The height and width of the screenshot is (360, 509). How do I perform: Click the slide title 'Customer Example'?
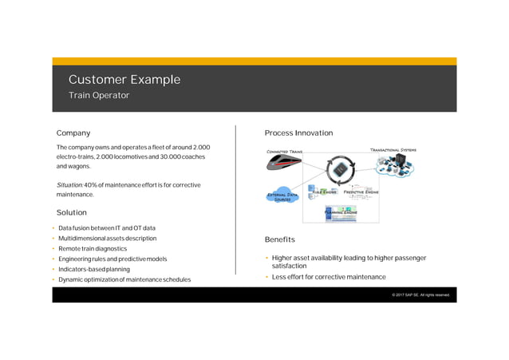click(124, 80)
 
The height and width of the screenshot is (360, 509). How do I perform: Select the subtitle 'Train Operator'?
click(98, 96)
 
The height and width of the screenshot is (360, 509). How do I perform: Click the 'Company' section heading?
click(73, 133)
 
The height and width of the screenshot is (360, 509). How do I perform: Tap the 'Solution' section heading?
click(72, 213)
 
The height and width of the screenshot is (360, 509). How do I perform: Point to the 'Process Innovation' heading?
click(298, 133)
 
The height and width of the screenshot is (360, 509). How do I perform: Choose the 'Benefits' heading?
click(280, 239)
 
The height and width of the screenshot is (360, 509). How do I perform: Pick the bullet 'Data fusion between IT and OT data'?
click(107, 228)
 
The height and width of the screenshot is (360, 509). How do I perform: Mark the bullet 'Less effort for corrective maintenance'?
click(329, 277)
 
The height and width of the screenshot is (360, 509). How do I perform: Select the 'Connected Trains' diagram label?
click(283, 151)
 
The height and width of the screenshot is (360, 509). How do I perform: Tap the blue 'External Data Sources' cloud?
click(282, 196)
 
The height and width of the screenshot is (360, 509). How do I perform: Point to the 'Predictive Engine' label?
click(361, 192)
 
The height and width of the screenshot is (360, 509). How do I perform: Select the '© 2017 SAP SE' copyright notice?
click(420, 295)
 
